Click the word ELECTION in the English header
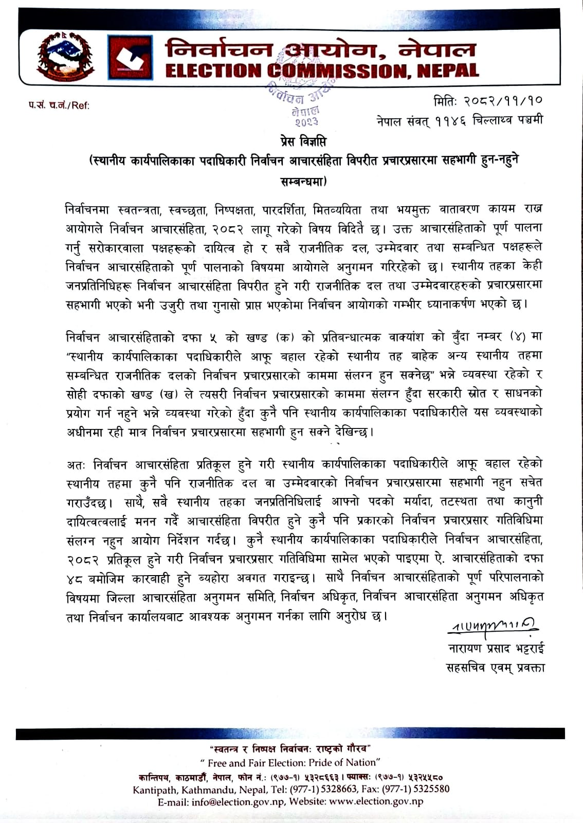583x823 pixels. (214, 70)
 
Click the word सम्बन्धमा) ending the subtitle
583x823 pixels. (305, 181)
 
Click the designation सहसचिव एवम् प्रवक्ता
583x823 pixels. (496, 667)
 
